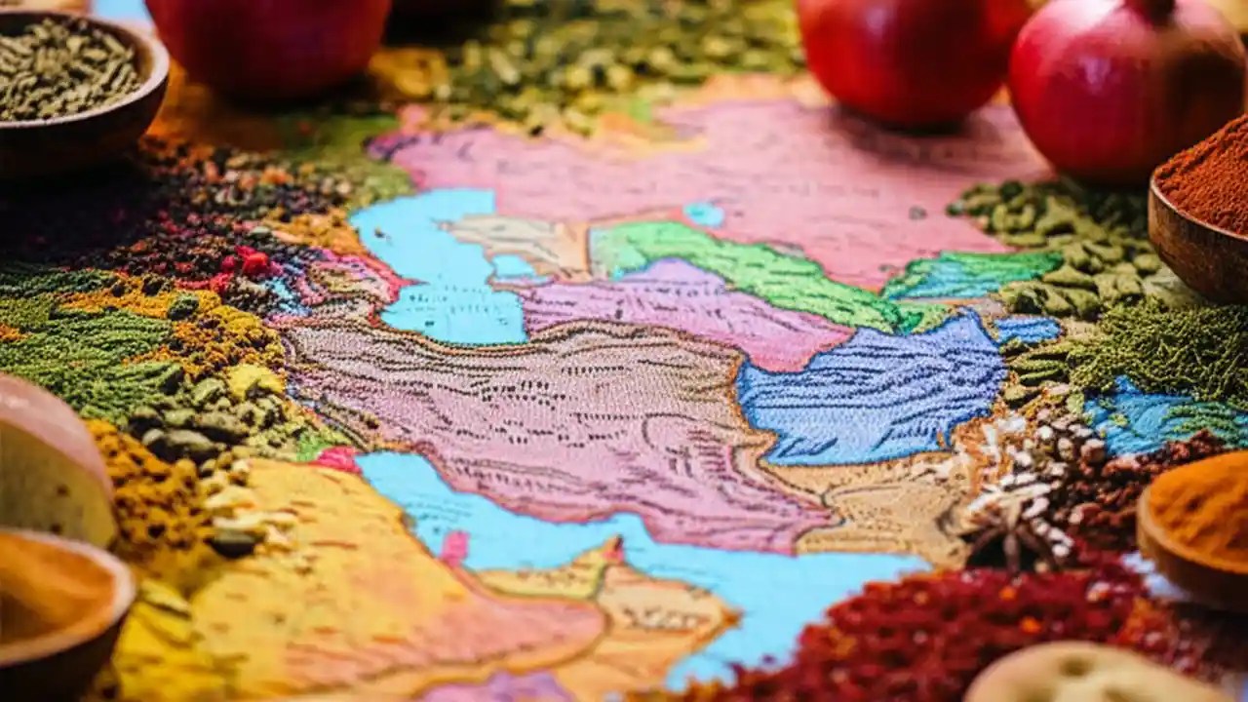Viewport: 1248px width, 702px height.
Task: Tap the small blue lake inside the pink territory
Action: pyautogui.click(x=703, y=214)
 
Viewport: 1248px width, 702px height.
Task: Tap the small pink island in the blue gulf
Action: pyautogui.click(x=454, y=548)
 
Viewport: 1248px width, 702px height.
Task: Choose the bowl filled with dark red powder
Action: pyautogui.click(x=1204, y=205)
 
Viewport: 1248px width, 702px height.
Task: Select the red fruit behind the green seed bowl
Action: pyautogui.click(x=268, y=44)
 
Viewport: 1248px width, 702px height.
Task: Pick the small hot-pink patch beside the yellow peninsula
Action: pyautogui.click(x=336, y=458)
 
